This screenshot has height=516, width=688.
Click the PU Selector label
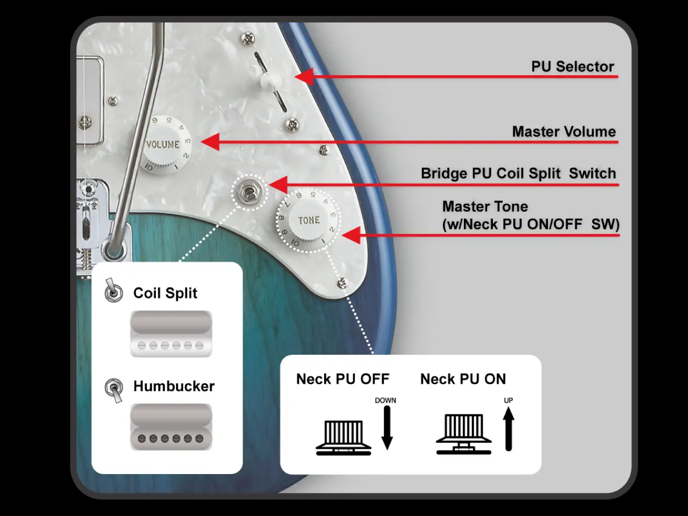click(572, 67)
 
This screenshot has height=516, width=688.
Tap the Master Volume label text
click(563, 132)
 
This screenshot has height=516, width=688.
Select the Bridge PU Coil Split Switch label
click(518, 174)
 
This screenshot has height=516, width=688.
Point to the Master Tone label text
click(485, 207)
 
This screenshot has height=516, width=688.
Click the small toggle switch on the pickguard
click(248, 192)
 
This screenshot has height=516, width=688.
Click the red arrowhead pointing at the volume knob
click(210, 142)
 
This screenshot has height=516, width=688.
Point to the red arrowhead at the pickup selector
click(304, 76)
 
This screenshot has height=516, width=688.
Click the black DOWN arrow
click(386, 427)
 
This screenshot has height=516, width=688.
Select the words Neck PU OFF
click(342, 379)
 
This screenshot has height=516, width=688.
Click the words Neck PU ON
click(463, 379)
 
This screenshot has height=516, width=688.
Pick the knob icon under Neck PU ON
click(463, 434)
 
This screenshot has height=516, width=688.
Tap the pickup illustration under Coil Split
click(171, 334)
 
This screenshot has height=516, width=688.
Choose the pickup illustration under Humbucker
click(171, 427)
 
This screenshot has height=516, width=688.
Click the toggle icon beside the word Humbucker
click(114, 389)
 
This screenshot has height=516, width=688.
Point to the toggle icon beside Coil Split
click(113, 291)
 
